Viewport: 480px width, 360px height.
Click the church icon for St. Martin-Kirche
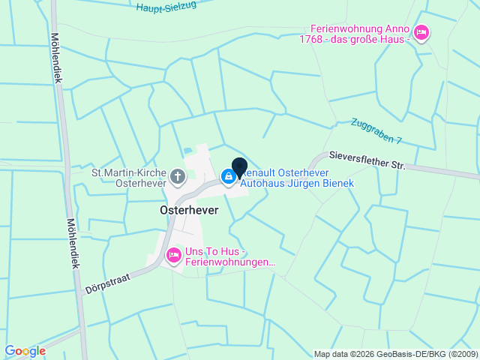[177, 177]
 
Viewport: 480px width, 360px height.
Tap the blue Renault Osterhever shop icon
[227, 176]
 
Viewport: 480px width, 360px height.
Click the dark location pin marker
[240, 167]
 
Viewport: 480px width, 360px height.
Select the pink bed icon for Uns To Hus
[173, 256]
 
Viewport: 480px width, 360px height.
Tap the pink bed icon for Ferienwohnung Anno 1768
[421, 33]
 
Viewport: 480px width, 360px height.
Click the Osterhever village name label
[189, 211]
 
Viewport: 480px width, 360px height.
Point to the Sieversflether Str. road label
[367, 159]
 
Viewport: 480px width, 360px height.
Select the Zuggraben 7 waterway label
[376, 130]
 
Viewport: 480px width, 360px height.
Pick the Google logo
[25, 351]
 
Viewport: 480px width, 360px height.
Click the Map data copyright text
[395, 354]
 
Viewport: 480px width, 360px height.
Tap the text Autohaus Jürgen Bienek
[296, 183]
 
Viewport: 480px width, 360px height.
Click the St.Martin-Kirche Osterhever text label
[129, 178]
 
